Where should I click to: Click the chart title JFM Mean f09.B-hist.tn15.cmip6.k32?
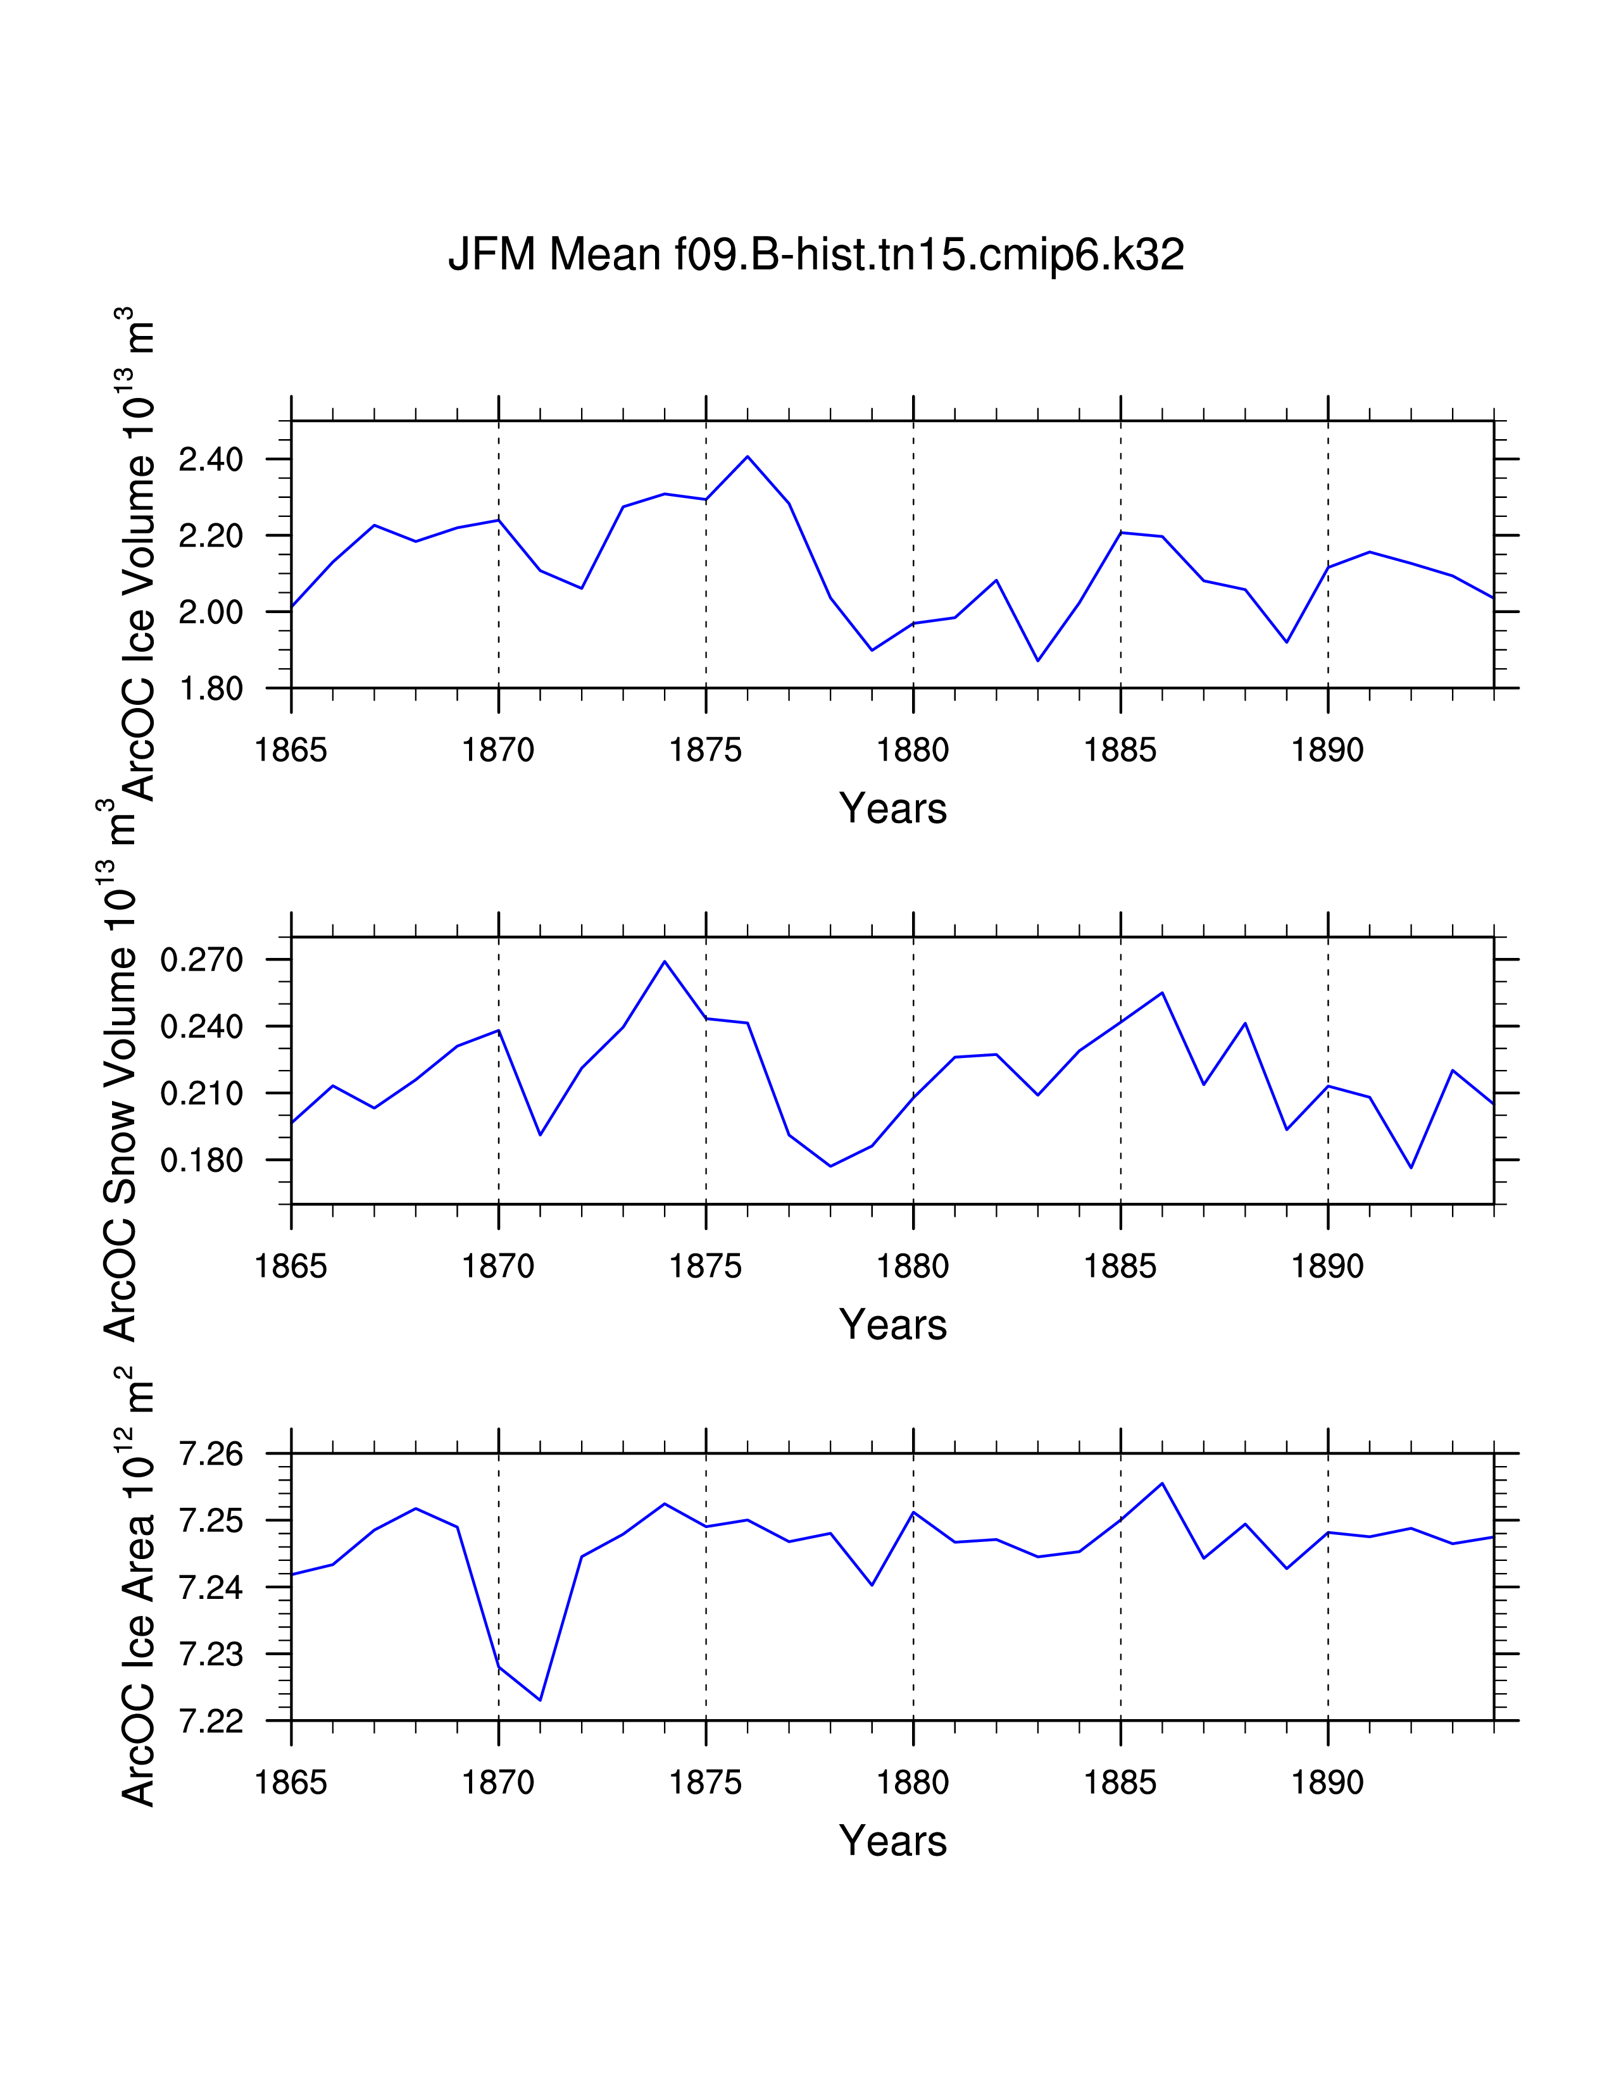pos(816,255)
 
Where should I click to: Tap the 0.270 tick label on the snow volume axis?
pos(202,959)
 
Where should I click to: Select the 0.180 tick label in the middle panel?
pos(202,1160)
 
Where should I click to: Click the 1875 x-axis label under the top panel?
pos(706,750)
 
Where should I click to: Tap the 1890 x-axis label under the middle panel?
pos(1327,1267)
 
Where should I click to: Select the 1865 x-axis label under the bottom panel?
pos(291,1783)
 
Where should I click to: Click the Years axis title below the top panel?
pos(892,809)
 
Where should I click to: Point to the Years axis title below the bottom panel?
pos(892,1841)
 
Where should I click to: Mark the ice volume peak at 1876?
pos(748,456)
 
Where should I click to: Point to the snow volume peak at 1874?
pos(665,961)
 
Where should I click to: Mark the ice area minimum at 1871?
pos(541,1700)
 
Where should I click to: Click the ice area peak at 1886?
pos(1161,1483)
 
